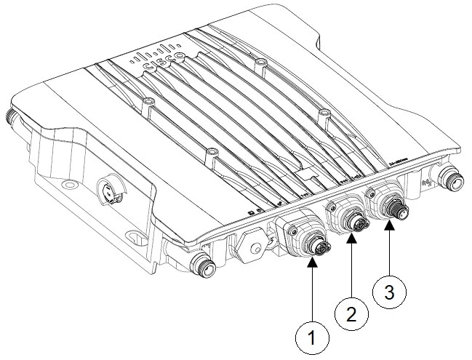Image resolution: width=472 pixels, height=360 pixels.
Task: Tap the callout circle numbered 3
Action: (388, 293)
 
